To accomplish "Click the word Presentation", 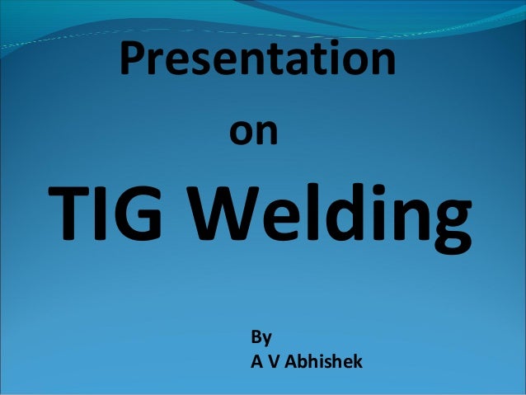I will point(258,61).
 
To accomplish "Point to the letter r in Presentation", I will point(162,64).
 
